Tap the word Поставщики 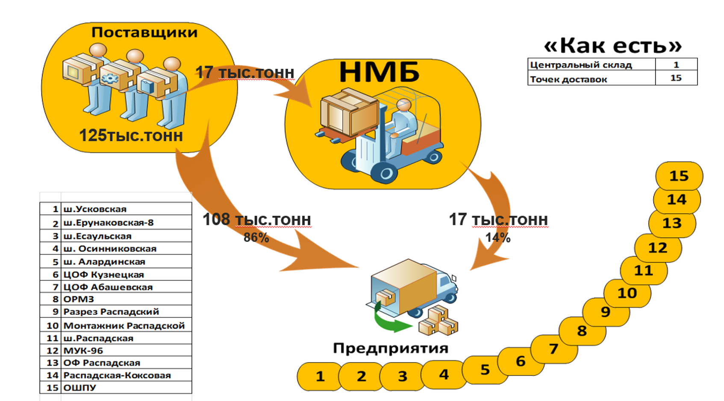[x=144, y=32]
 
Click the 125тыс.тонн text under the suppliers [x=131, y=135]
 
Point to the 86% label [x=256, y=237]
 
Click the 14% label [x=497, y=237]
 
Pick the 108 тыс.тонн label [x=256, y=220]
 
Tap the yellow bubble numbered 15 [x=679, y=176]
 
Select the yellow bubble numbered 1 [x=320, y=376]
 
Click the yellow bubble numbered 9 [x=605, y=312]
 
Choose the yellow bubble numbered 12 [x=657, y=248]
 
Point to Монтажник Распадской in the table [x=124, y=325]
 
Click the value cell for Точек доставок [x=676, y=78]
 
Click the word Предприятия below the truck [x=391, y=348]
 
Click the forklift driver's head [x=403, y=105]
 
